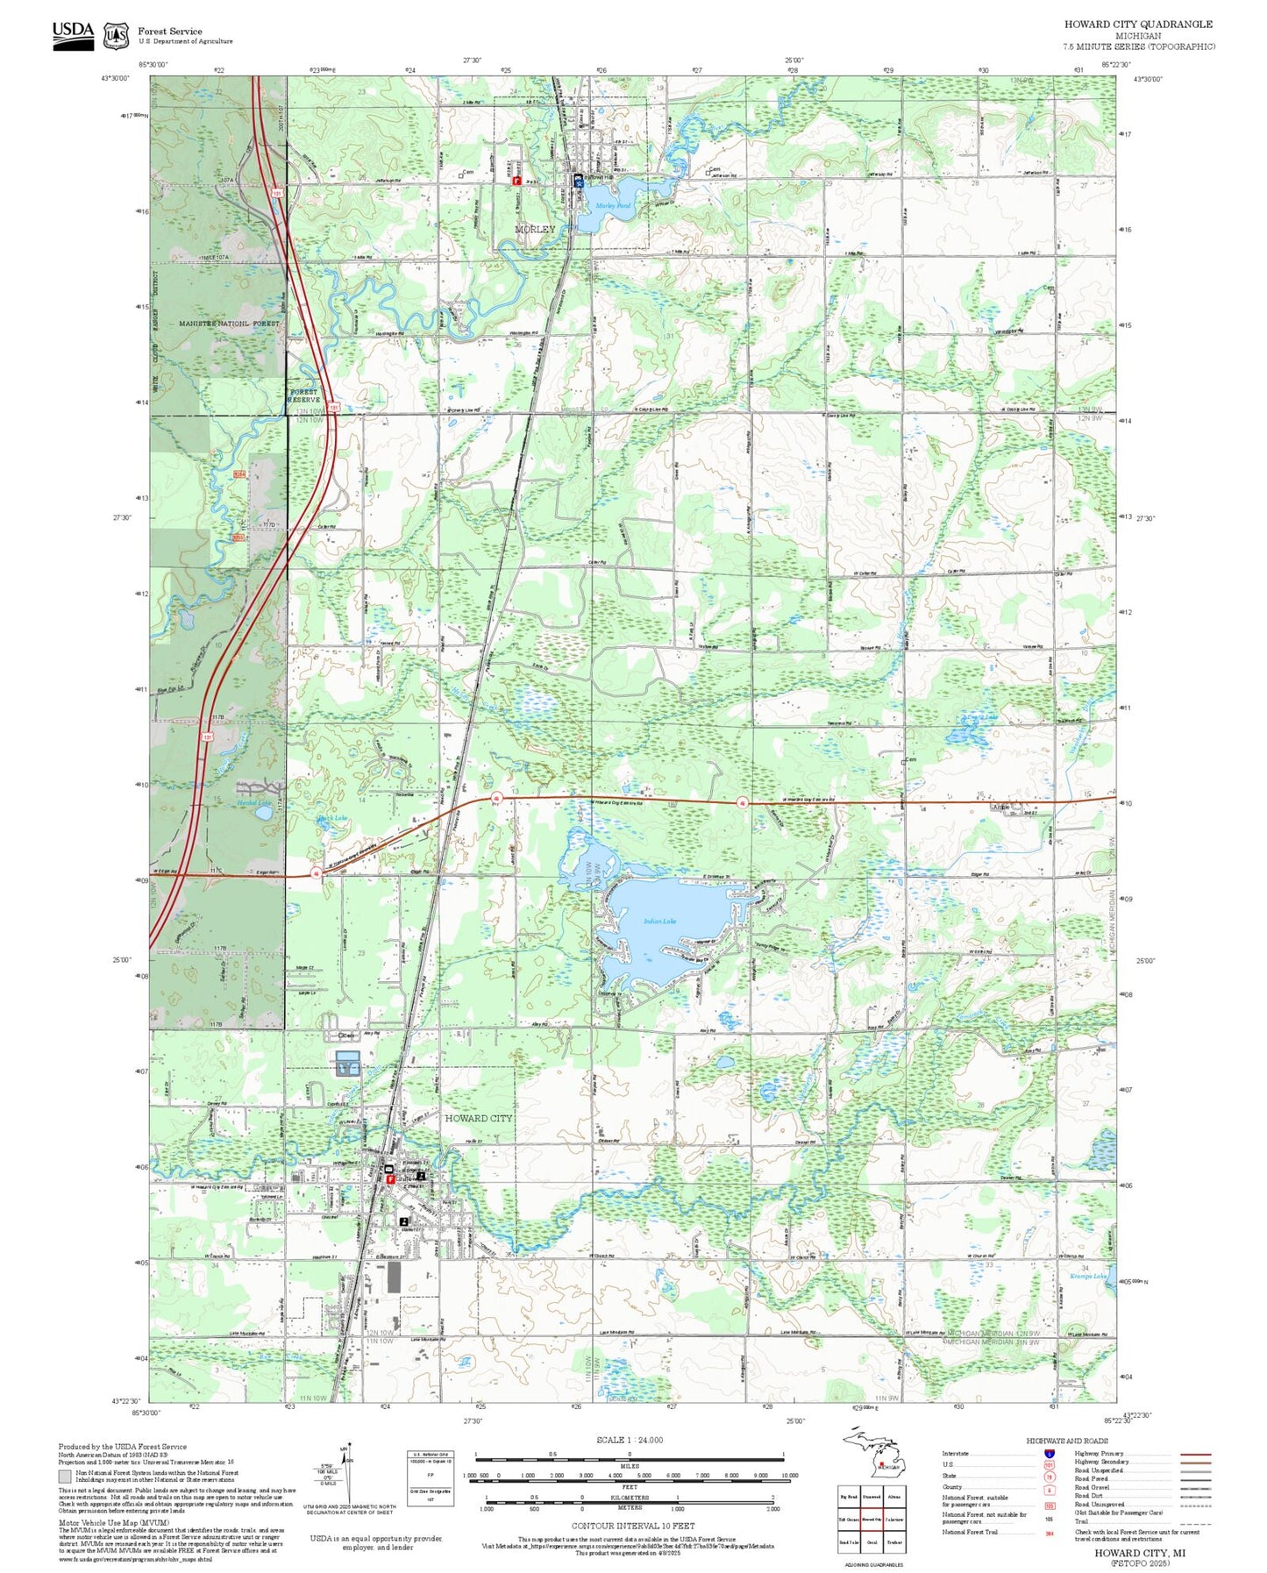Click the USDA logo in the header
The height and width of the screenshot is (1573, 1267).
[72, 34]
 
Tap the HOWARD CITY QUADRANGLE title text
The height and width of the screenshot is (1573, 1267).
[1138, 25]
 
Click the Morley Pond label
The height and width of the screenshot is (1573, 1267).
[613, 205]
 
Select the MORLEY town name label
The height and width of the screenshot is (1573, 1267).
[535, 229]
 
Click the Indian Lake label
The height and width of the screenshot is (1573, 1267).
[659, 921]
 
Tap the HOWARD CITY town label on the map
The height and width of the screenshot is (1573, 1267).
[478, 1118]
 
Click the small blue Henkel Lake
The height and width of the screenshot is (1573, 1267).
[263, 813]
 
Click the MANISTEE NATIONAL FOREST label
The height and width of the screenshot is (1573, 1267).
[229, 324]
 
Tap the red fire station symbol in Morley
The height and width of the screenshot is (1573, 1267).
[516, 181]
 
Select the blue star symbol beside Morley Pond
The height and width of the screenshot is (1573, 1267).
[578, 181]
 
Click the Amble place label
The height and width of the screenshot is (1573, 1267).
[1000, 807]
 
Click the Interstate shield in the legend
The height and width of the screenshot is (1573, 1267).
[1049, 1453]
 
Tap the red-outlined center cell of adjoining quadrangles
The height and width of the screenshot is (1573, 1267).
[871, 1520]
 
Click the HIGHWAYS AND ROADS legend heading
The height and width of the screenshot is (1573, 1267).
[1066, 1441]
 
